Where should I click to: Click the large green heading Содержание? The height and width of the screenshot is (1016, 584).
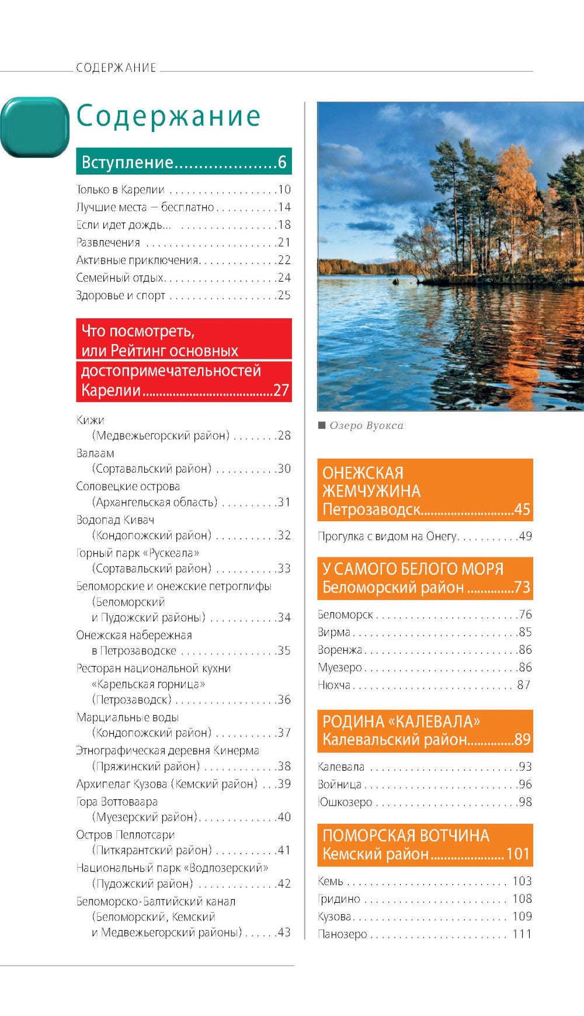[168, 116]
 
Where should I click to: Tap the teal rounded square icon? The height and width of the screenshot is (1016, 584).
[35, 127]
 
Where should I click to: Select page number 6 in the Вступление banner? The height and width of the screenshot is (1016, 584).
[282, 162]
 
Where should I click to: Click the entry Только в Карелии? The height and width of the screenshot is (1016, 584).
[120, 190]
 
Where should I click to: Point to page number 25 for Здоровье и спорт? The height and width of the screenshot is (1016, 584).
[284, 296]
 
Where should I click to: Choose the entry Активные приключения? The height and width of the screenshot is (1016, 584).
[138, 261]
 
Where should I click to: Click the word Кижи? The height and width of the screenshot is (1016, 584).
[90, 420]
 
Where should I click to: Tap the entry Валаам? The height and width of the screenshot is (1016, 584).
[95, 453]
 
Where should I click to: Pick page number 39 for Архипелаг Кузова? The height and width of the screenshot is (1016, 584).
[284, 784]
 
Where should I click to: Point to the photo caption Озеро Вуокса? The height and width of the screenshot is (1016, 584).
[366, 426]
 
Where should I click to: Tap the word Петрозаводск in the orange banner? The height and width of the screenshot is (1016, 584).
[371, 509]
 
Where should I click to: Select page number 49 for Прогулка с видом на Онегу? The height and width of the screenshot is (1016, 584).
[525, 536]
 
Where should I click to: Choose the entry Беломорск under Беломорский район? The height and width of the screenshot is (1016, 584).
[345, 615]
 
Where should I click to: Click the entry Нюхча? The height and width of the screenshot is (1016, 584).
[334, 685]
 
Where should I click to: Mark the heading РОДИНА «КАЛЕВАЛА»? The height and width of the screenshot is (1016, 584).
[401, 722]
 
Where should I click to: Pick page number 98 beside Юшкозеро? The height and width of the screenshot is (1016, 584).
[525, 802]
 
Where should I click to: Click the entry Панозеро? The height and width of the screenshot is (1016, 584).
[342, 934]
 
